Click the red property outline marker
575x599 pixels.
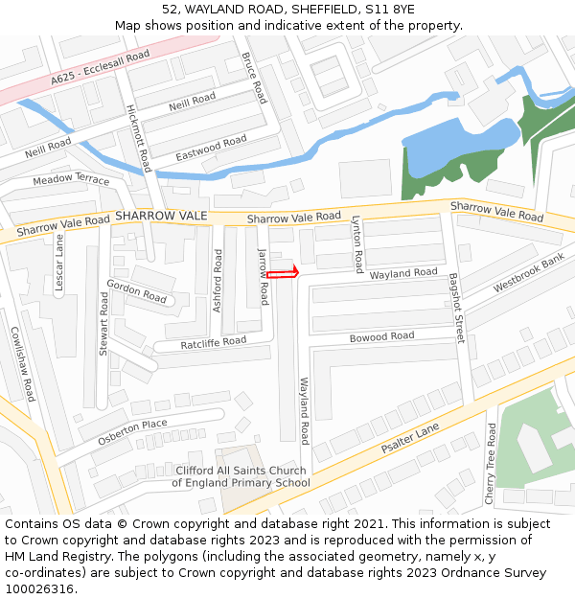(x=284, y=274)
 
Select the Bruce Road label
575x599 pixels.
(x=255, y=79)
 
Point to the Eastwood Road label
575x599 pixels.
(x=211, y=149)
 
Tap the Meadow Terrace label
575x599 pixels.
(x=71, y=180)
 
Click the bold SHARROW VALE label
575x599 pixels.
(x=161, y=217)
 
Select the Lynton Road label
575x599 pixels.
(x=357, y=242)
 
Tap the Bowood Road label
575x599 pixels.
(x=381, y=336)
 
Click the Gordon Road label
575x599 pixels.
(x=136, y=291)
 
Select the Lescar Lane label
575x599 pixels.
(x=59, y=264)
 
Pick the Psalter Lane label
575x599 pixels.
(x=410, y=438)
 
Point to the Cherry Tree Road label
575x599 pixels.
(x=491, y=464)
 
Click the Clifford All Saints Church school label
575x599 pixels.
(x=241, y=476)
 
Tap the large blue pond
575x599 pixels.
(x=458, y=149)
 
